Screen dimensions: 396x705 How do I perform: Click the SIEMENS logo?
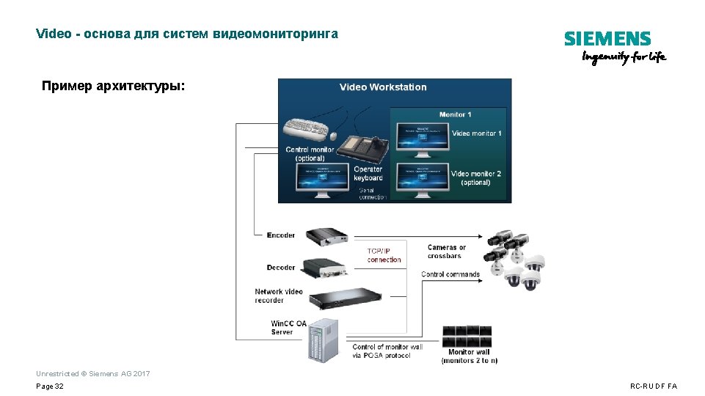pyautogui.click(x=607, y=39)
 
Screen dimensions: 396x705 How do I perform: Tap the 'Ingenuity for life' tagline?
pyautogui.click(x=624, y=58)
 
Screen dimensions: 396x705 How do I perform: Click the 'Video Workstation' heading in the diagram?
pyautogui.click(x=383, y=87)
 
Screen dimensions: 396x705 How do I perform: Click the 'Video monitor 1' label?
pyautogui.click(x=476, y=133)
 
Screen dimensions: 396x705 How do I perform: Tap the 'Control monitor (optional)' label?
pyautogui.click(x=310, y=154)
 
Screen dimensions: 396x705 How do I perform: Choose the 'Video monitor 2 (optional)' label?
pyautogui.click(x=476, y=178)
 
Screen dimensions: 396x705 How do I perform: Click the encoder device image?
pyautogui.click(x=327, y=235)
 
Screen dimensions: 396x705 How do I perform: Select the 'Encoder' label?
pyautogui.click(x=281, y=235)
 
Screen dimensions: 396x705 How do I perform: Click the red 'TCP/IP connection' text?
pyautogui.click(x=384, y=255)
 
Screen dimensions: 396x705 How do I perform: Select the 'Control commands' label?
pyautogui.click(x=450, y=274)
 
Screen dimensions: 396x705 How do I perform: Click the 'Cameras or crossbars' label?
pyautogui.click(x=447, y=252)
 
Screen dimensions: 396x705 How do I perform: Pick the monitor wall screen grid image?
pyautogui.click(x=467, y=336)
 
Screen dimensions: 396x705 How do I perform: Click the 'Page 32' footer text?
pyautogui.click(x=50, y=386)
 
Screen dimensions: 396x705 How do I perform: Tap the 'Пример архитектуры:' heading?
pyautogui.click(x=114, y=87)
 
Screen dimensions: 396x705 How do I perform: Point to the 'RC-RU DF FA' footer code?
pyautogui.click(x=654, y=386)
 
